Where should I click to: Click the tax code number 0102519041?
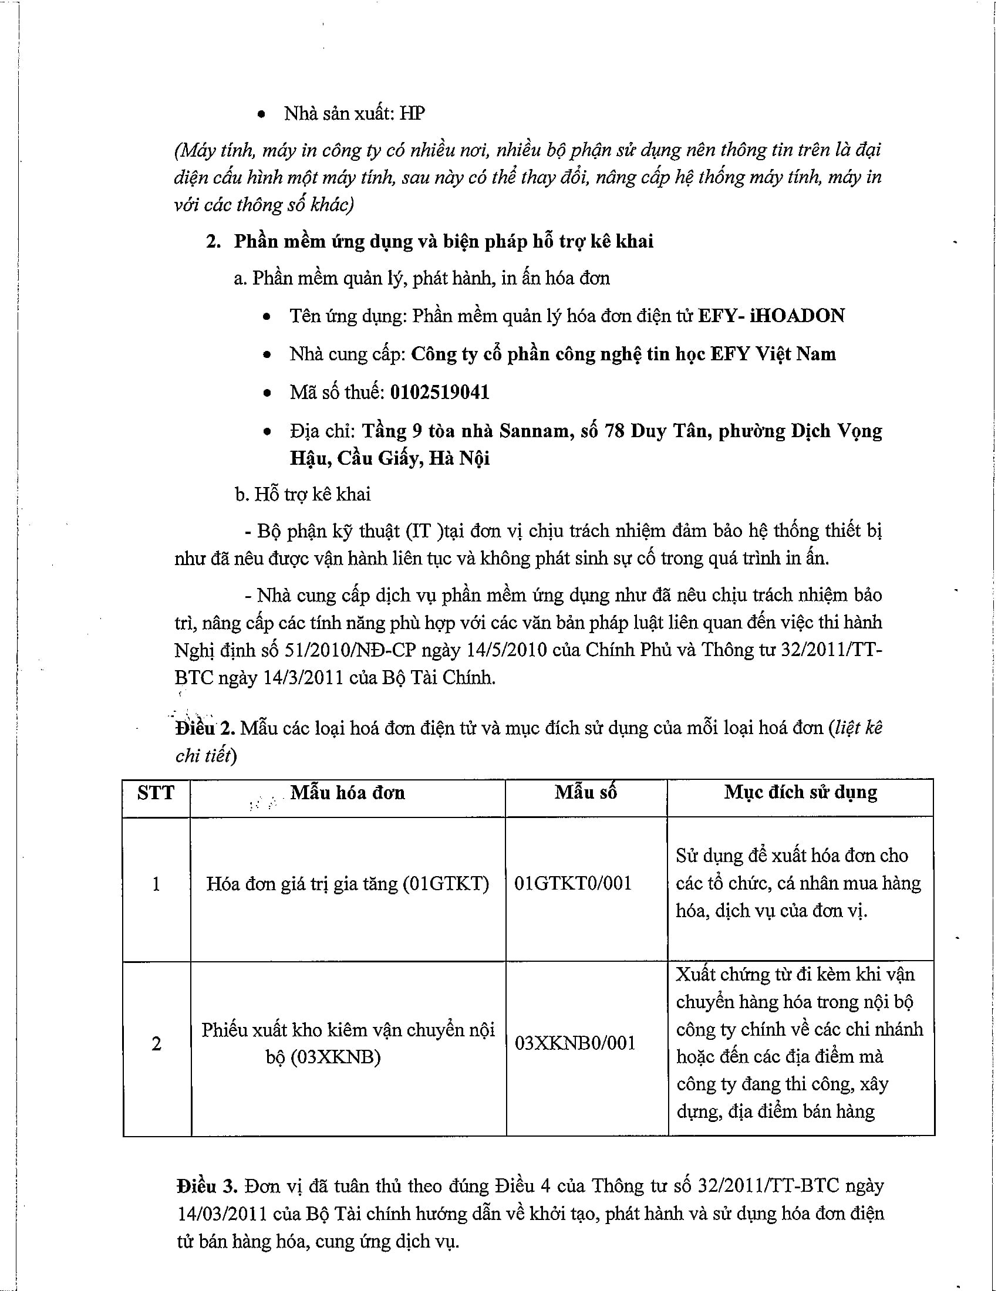pos(439,393)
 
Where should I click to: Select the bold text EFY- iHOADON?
pos(771,316)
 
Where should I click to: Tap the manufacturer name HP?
pos(412,113)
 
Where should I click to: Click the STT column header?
pos(156,793)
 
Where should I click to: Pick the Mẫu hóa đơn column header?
pos(348,793)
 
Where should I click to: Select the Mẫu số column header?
pos(585,793)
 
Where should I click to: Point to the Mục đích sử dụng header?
pos(801,792)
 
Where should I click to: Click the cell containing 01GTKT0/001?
pos(573,883)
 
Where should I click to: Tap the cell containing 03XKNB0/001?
pos(575,1043)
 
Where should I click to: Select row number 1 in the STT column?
pos(156,884)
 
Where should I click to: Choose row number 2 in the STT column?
pos(156,1044)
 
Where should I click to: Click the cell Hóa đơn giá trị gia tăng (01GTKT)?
pos(348,884)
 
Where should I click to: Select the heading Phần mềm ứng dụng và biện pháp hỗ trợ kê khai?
pos(443,241)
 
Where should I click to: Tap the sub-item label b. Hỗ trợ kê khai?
pos(303,494)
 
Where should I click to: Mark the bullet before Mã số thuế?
pos(268,393)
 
